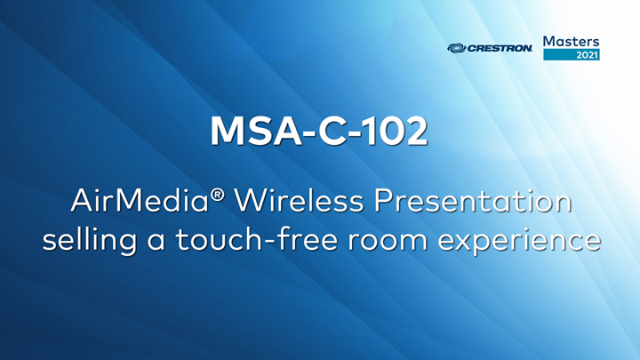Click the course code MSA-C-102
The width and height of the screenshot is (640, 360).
click(x=319, y=132)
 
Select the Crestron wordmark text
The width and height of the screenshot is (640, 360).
click(x=500, y=49)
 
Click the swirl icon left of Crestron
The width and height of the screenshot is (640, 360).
click(x=456, y=49)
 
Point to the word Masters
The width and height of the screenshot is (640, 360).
click(x=571, y=41)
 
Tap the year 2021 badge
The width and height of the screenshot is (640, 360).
click(x=586, y=55)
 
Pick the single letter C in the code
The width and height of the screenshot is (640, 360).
click(x=323, y=132)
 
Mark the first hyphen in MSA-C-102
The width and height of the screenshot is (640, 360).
click(x=297, y=134)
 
